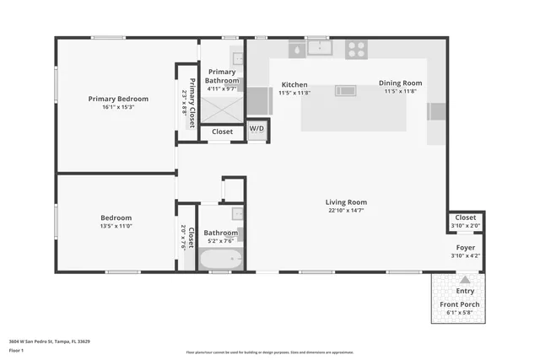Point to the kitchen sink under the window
[318, 48]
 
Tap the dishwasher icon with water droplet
[297, 50]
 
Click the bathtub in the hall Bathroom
[220, 258]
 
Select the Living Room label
[346, 202]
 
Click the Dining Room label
[400, 83]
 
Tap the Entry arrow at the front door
[464, 280]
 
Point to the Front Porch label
[460, 304]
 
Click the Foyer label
[465, 247]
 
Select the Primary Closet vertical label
[192, 102]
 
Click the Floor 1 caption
[17, 350]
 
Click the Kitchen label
[294, 84]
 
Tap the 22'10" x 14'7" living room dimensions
[346, 211]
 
